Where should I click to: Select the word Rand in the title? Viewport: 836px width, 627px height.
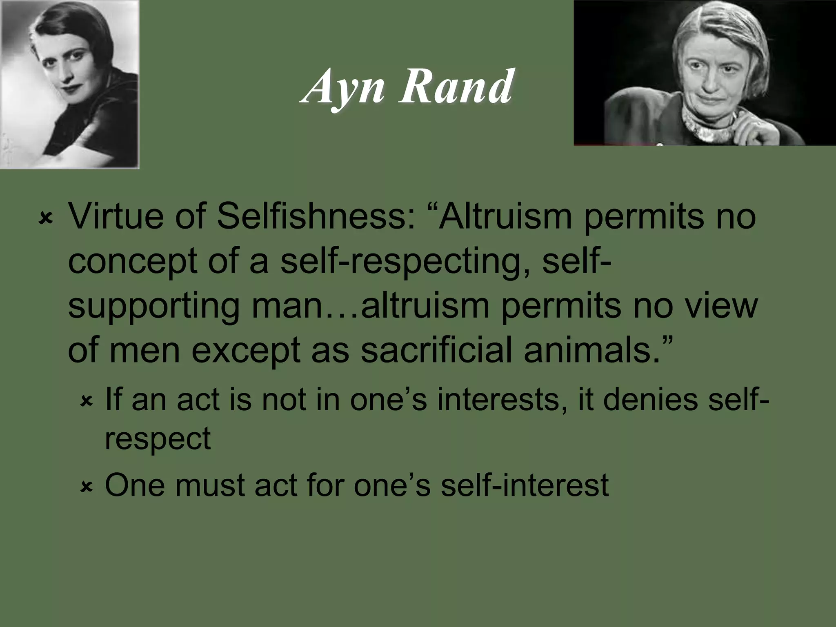tap(456, 87)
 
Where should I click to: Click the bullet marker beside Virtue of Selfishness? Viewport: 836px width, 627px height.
tap(46, 219)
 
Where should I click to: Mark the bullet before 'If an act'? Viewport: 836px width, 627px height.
tap(87, 402)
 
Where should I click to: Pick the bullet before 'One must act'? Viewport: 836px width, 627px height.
tap(87, 487)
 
